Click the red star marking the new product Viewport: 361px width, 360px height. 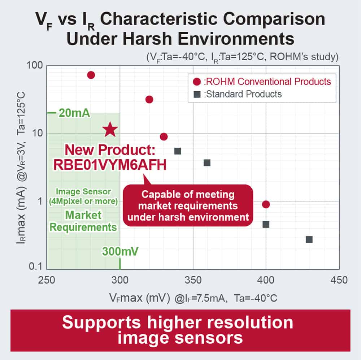[110, 130]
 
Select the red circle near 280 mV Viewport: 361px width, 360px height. [91, 75]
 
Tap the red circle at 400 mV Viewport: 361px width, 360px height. [266, 204]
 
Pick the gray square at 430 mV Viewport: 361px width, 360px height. [309, 239]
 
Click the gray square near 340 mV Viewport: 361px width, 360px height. [178, 151]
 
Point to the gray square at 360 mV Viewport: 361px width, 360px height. [207, 162]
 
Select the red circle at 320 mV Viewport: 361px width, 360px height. [149, 99]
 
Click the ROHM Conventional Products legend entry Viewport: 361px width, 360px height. [262, 81]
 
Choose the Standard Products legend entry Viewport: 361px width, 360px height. [238, 94]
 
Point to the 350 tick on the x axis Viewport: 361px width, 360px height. [193, 280]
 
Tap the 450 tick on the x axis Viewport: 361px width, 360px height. [339, 280]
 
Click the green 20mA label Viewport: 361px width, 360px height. [74, 113]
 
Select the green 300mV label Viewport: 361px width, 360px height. [120, 251]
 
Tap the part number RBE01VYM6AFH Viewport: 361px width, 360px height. [110, 164]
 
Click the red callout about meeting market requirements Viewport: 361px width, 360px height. [188, 205]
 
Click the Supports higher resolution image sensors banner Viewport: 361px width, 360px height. [180, 330]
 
